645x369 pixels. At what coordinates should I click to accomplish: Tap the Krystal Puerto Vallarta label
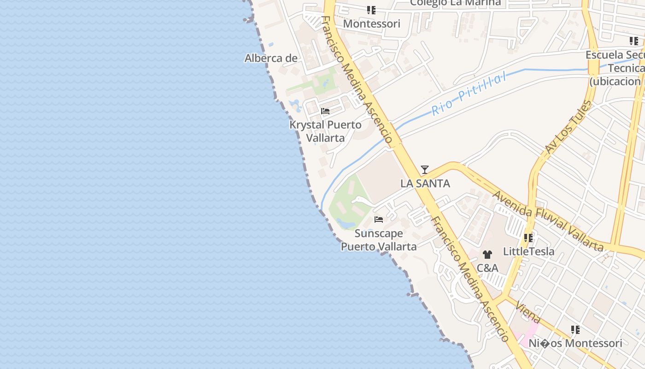point(325,131)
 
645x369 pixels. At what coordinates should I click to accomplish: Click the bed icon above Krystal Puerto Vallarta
point(325,111)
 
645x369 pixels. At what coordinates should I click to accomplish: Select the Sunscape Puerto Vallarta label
point(379,240)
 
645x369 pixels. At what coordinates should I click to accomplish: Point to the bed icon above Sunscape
point(379,220)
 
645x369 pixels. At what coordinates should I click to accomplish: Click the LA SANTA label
point(425,183)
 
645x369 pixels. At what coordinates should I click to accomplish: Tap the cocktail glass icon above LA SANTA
point(425,170)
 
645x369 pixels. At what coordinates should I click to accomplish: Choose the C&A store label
point(487,268)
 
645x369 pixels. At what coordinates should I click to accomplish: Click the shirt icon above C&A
point(487,254)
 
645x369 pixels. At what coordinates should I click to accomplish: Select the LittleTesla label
point(528,251)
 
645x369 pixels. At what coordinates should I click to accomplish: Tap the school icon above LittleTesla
point(528,238)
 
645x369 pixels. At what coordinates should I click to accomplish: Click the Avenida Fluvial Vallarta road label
point(548,221)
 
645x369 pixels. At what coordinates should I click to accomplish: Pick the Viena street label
point(528,312)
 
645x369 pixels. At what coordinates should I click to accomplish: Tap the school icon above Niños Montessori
point(575,330)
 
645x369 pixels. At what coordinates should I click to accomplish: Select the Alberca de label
point(271,58)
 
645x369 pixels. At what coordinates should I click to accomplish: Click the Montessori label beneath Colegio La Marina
point(371,24)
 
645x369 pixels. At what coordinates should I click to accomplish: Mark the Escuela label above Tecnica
point(615,55)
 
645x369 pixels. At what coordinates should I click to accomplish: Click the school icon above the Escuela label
point(634,41)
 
